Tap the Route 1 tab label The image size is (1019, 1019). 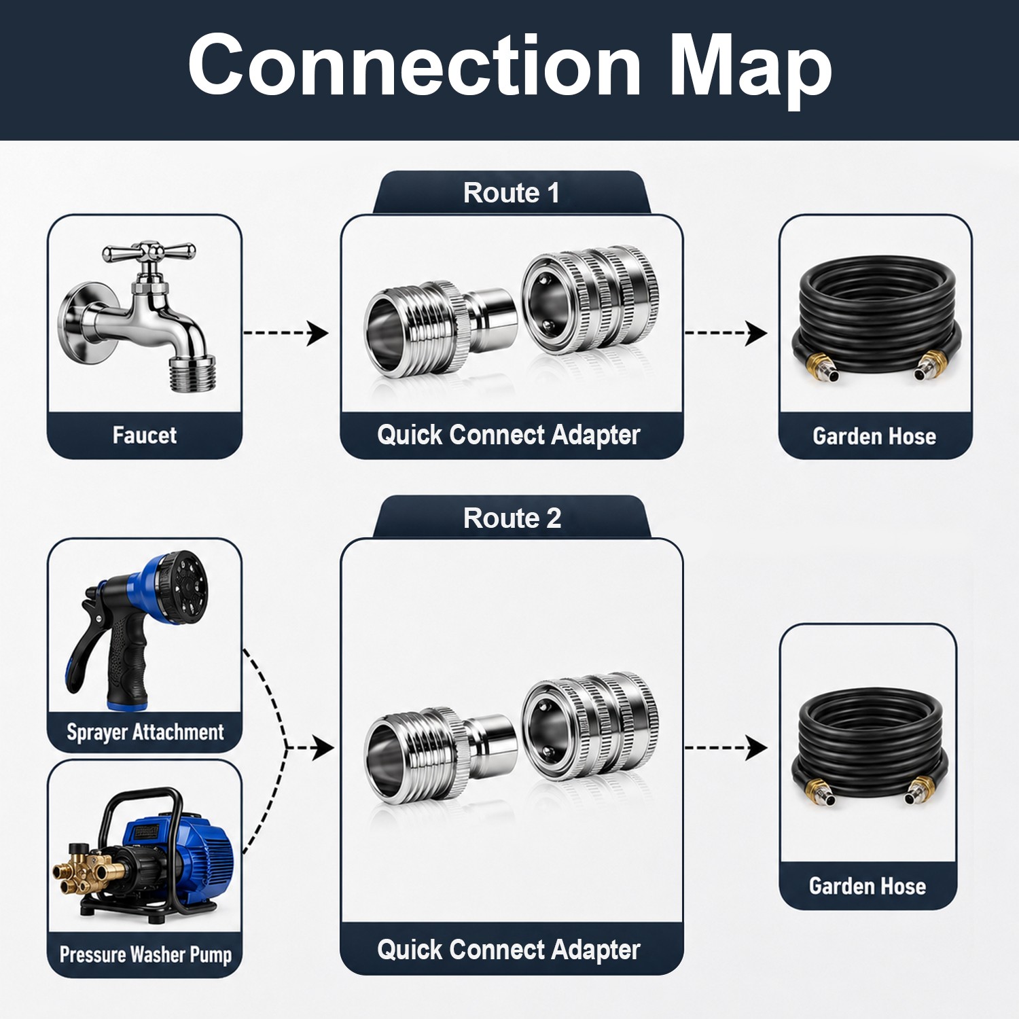512,193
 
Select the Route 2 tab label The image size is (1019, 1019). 512,518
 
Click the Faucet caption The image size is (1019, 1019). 145,435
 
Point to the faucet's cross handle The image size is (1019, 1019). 149,253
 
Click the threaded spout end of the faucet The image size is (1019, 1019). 192,374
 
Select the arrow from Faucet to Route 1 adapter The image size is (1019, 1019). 286,333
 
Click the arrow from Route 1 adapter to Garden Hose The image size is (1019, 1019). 726,333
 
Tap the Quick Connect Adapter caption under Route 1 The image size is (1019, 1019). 509,435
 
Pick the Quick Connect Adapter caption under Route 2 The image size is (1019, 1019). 509,950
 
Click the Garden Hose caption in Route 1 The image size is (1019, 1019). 874,435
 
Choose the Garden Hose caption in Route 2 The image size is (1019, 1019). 868,886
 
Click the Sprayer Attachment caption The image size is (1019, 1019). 145,732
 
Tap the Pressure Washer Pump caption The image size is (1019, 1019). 145,954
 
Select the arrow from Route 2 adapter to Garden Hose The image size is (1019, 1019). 726,748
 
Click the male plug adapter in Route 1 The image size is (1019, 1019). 440,328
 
